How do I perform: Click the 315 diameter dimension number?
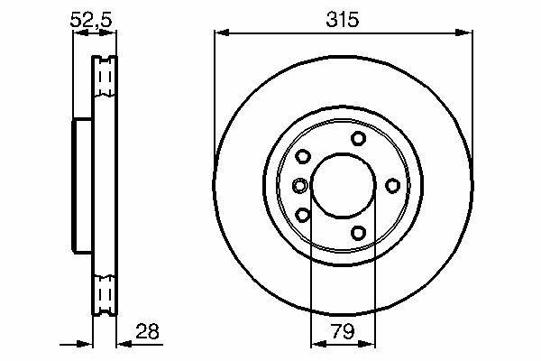coord(343,19)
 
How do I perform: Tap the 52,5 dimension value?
coord(91,20)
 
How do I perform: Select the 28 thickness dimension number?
coord(147,331)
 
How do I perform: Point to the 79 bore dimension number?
coord(343,331)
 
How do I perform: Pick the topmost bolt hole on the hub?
coord(359,138)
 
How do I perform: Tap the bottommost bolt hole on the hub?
coord(359,233)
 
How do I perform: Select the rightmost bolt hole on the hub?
coord(392,186)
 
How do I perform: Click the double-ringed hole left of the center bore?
coord(300,186)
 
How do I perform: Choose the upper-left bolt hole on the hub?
coord(303,156)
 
